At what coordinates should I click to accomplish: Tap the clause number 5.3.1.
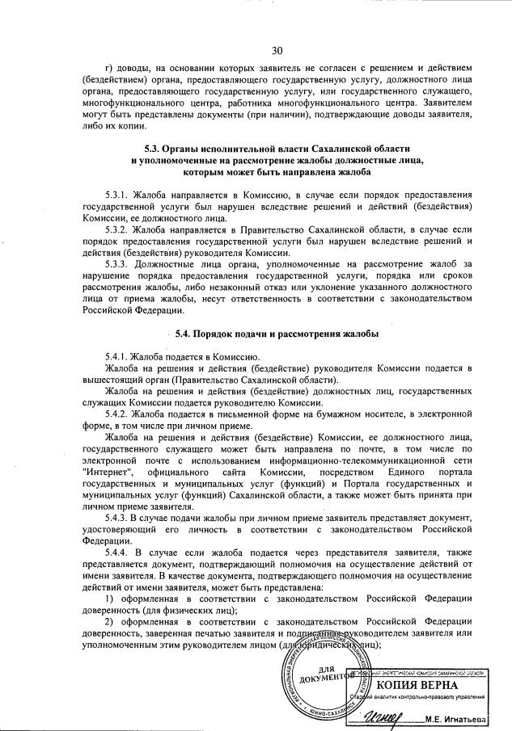[x=117, y=196]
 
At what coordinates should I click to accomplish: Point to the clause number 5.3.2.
[x=117, y=230]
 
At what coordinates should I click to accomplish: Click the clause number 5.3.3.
[x=117, y=263]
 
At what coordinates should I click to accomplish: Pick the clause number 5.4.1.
[x=117, y=356]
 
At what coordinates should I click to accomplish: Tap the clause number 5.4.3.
[x=117, y=516]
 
